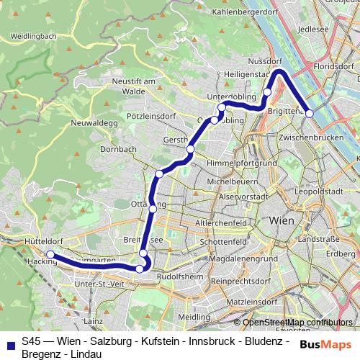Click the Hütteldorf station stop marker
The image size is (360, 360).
(50, 254)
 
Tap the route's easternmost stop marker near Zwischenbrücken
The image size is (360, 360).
(310, 113)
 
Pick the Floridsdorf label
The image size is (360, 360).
(335, 67)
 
